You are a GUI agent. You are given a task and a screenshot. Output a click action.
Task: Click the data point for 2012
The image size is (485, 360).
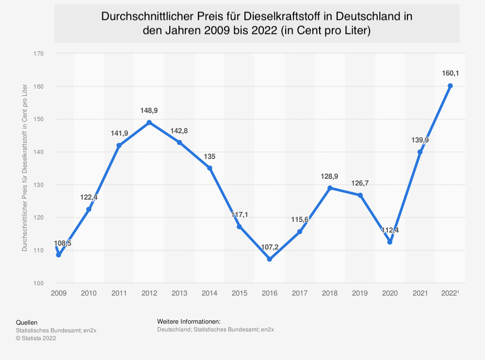coord(149,123)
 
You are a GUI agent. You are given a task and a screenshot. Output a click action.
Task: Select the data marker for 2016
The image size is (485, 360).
coord(270,259)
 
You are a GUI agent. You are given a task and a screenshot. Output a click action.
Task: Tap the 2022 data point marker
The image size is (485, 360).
coord(450,86)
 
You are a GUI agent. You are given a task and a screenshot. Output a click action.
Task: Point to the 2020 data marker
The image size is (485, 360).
coord(390,242)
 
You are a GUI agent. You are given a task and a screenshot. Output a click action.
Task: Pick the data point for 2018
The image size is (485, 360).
coord(330,188)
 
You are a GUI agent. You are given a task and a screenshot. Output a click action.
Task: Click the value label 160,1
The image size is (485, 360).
coord(450,74)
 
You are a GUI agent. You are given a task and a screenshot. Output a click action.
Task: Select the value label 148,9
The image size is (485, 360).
coord(149,110)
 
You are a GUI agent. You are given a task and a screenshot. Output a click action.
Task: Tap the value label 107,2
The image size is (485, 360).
coord(270,247)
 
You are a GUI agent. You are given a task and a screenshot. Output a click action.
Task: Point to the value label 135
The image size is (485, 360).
coord(210,157)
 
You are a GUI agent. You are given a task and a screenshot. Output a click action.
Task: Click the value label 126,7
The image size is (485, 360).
coord(360,184)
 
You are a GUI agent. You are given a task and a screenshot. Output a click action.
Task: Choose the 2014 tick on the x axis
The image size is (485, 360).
coord(210,293)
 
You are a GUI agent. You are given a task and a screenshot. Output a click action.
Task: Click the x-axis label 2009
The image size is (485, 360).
coord(59,293)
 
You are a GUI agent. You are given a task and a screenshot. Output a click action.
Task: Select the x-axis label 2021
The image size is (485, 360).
coord(420,293)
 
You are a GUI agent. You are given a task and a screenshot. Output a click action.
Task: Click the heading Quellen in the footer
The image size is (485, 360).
coord(27,322)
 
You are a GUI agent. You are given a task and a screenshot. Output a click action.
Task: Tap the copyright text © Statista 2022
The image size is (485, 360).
coord(36,338)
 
